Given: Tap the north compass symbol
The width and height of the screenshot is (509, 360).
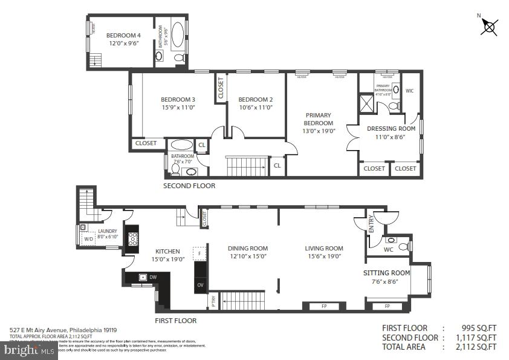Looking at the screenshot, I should tap(489, 27).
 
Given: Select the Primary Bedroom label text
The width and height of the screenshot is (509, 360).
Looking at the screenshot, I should tap(319, 119).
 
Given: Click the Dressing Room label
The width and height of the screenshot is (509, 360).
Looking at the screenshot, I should tap(391, 128).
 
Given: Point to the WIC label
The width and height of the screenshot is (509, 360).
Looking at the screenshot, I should tap(409, 91).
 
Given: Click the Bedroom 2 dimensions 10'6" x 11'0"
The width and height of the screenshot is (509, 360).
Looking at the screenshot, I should tap(255, 108).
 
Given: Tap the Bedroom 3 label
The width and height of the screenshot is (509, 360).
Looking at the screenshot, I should tap(178, 100).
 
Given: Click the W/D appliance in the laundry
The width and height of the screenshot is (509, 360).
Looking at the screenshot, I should tap(88, 239).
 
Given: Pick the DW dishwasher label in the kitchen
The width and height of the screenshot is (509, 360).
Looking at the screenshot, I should tap(154, 277).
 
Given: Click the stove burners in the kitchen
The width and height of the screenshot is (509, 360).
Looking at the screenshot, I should tap(132, 239).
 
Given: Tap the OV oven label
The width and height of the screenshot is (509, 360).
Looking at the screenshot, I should tap(200, 285).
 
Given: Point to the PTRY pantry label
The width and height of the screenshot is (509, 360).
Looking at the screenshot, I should tap(213, 299).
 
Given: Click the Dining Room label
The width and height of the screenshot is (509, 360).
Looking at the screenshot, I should tap(247, 248).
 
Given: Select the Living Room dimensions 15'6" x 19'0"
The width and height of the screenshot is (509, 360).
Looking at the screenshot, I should tap(323, 256).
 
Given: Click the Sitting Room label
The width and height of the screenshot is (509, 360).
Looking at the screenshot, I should tap(386, 273).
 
